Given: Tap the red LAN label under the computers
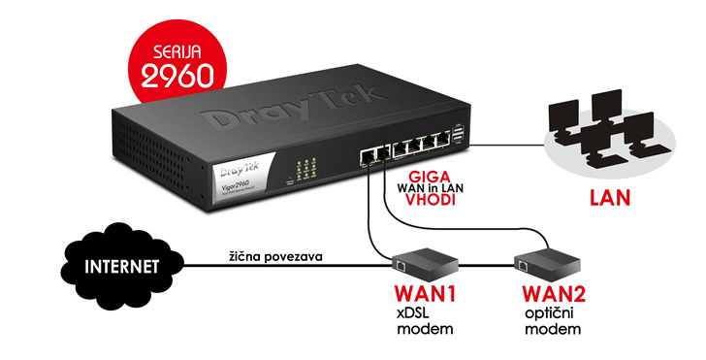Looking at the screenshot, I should (606, 202).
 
